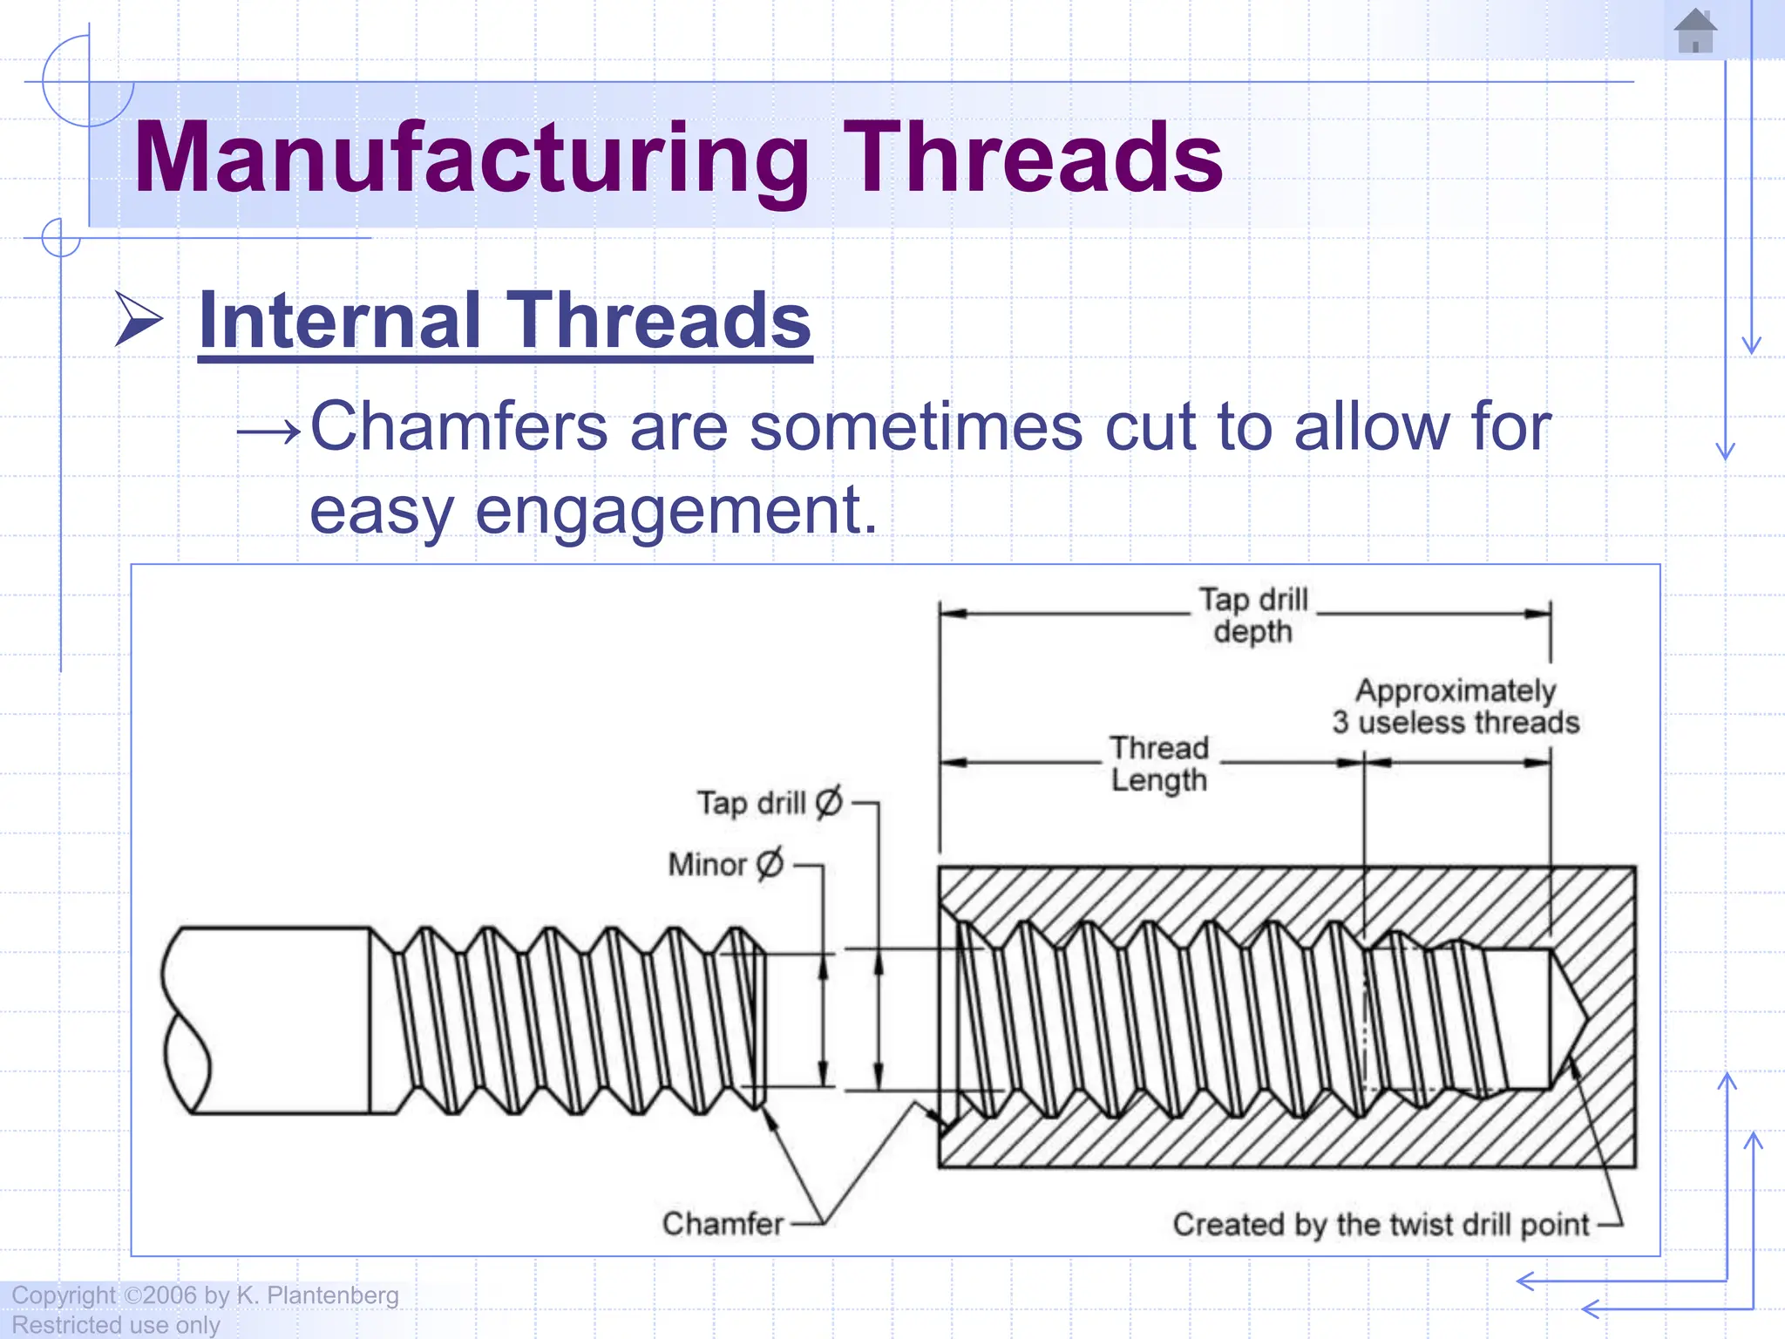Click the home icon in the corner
tap(1694, 31)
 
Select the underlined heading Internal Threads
tap(505, 321)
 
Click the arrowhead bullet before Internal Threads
tap(139, 320)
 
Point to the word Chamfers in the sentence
tap(458, 427)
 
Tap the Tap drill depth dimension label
tap(1252, 615)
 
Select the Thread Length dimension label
tap(1158, 764)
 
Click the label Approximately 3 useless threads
tap(1455, 707)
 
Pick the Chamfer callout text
tap(723, 1224)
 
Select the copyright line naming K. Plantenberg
tap(206, 1295)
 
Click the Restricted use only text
tap(116, 1325)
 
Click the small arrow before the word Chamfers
tap(269, 431)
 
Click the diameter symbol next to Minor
tap(770, 864)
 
